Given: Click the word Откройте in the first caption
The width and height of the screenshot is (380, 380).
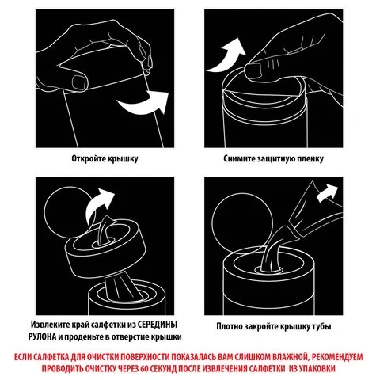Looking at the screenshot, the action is (89, 158).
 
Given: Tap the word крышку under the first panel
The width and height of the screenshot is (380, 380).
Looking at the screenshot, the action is (123, 158).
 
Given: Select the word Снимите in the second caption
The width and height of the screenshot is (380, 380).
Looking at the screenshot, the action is (239, 158).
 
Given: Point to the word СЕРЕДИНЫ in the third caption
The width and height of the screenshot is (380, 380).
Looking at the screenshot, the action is (158, 325).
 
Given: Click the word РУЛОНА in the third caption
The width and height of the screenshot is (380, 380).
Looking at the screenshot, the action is (42, 337).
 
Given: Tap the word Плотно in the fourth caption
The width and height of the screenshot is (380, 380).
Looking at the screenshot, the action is (230, 326).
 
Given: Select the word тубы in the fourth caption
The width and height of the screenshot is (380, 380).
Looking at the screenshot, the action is (321, 326).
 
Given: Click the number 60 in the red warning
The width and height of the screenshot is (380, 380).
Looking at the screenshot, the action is (145, 368).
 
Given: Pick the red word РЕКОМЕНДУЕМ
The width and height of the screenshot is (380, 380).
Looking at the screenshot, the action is (337, 357).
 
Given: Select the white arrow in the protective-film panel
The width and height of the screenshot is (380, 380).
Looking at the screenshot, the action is (227, 57).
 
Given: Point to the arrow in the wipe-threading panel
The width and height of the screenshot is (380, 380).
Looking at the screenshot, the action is (98, 205).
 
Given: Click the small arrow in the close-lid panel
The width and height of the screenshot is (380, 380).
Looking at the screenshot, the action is (326, 193).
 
